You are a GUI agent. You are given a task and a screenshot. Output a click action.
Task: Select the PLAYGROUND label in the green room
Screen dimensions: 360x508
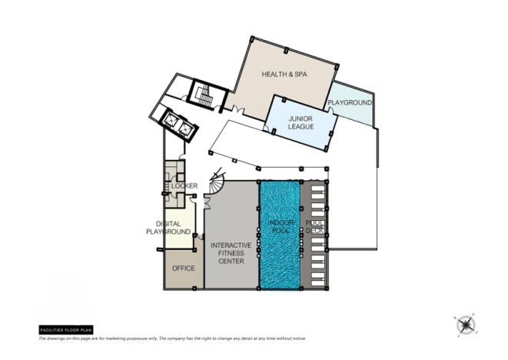[x=350, y=102]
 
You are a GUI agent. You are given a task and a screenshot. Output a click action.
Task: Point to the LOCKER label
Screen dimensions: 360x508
[x=184, y=186]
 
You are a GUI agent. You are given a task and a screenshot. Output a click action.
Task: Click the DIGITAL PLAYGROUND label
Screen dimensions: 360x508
[x=168, y=228]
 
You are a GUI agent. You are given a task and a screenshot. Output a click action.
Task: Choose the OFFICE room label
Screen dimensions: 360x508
[x=183, y=268]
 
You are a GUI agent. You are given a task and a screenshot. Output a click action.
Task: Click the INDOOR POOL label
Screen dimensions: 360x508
[x=281, y=227]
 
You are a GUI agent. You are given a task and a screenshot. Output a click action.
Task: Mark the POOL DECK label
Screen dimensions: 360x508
[x=315, y=227]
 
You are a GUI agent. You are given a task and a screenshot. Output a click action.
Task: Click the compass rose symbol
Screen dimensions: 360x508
[x=465, y=325]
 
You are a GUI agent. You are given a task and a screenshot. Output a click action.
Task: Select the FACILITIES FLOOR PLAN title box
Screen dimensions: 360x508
[x=65, y=329]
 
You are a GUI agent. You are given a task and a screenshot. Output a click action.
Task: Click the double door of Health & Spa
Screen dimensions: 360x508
[x=240, y=115]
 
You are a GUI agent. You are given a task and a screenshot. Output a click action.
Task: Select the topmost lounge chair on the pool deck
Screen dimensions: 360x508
[x=316, y=188]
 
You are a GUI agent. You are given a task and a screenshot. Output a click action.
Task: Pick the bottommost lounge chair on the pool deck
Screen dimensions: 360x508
[x=316, y=280]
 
